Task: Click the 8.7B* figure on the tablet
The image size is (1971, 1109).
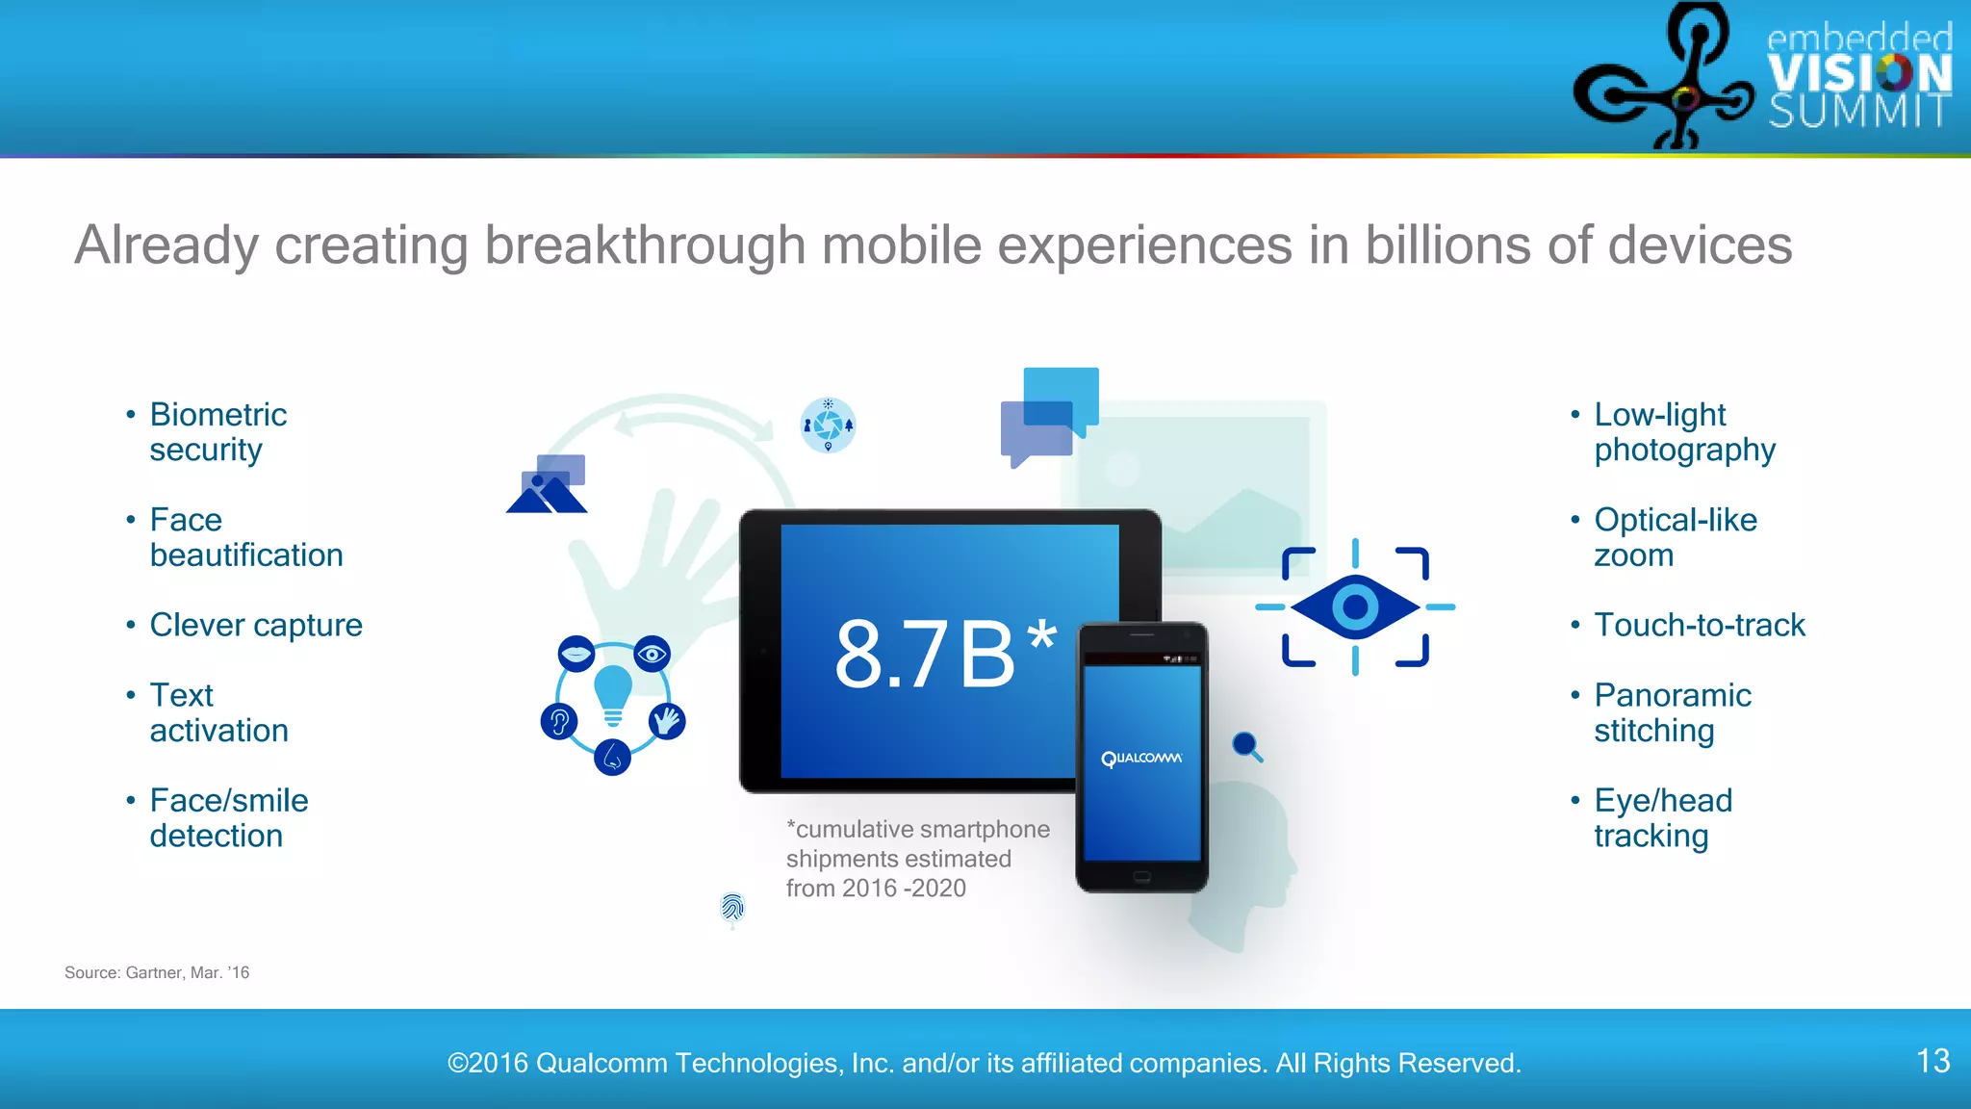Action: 943,655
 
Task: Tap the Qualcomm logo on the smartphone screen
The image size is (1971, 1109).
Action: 1141,759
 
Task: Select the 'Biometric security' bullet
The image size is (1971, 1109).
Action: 218,432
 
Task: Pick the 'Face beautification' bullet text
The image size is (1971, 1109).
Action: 246,537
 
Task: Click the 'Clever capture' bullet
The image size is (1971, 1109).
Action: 256,626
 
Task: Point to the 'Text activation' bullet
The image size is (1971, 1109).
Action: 218,713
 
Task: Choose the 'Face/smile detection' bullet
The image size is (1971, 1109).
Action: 228,818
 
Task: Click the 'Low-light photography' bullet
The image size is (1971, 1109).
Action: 1684,432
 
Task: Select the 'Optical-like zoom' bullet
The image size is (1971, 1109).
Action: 1675,537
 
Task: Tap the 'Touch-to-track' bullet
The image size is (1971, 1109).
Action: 1700,626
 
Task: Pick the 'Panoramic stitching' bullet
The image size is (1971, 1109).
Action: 1673,713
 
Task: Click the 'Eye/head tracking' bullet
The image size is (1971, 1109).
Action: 1663,818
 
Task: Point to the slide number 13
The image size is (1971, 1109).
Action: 1933,1061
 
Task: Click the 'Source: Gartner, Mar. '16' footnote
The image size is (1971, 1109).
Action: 157,973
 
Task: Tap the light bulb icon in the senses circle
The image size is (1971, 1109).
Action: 613,696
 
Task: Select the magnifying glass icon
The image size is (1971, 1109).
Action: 1247,746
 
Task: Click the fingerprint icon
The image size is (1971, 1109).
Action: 732,907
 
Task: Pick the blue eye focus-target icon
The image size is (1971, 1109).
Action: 1355,607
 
